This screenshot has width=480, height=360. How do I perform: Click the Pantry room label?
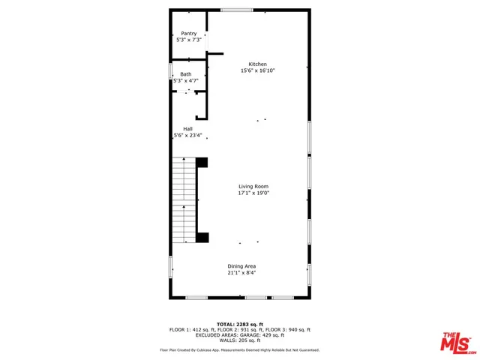point(188,33)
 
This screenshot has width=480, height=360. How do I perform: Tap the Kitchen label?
point(257,64)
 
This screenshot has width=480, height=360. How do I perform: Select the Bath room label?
point(185,73)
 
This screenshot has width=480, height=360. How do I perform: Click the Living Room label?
point(253,187)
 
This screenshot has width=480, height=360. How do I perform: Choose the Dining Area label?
point(242,266)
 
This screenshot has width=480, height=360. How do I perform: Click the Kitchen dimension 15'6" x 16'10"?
point(257,71)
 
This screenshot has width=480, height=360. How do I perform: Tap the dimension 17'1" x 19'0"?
point(253,193)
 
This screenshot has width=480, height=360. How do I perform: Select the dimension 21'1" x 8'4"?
point(242,273)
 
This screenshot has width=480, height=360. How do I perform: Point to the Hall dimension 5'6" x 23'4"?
point(187,136)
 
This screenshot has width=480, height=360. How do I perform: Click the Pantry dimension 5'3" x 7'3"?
point(188,40)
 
